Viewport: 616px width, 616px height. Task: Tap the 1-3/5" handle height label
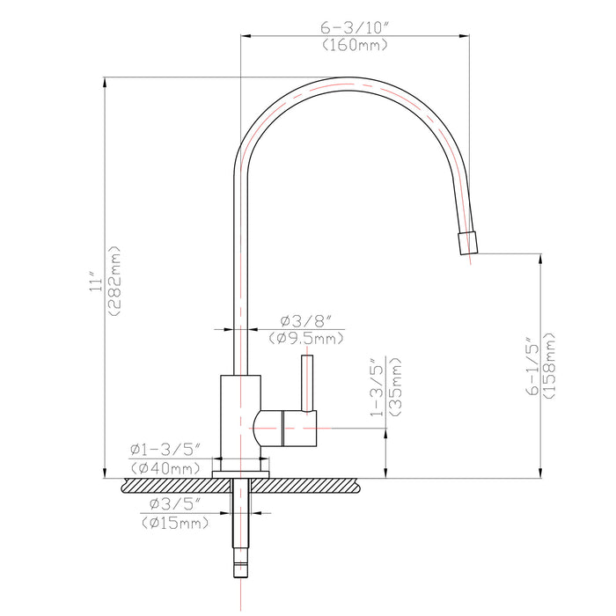(376, 388)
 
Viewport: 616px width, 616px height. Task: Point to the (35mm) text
(395, 388)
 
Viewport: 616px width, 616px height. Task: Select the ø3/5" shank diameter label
(175, 504)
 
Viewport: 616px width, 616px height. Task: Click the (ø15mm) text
(175, 523)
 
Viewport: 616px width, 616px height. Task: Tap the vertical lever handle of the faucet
(307, 382)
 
